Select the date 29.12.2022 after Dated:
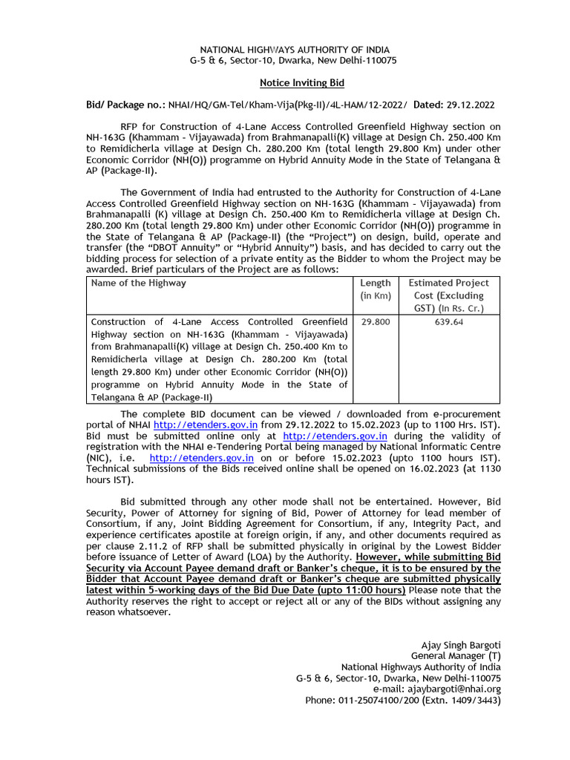470,105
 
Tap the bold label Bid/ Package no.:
126,105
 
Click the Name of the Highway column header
138,283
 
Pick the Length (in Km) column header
375,289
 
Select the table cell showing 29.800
375,322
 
